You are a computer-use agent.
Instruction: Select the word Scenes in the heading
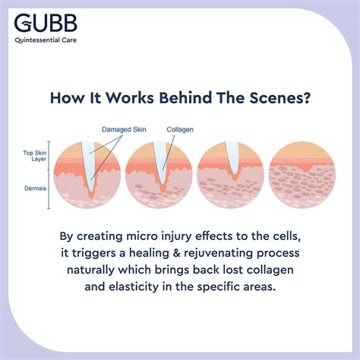pos(281,98)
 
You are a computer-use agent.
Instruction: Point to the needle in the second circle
pos(161,162)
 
